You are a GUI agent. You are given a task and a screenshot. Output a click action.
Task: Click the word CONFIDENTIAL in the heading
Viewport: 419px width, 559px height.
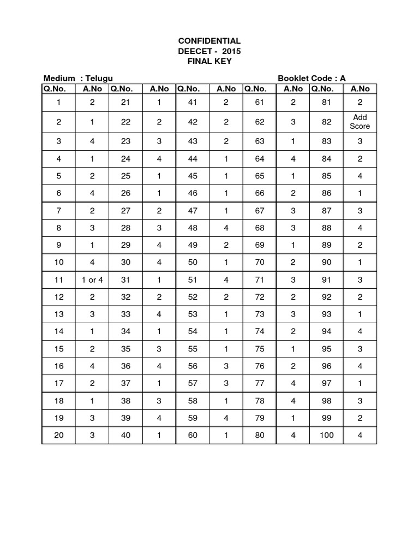tap(209, 41)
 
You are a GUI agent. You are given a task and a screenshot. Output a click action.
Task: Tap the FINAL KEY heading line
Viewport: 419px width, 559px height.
tap(209, 61)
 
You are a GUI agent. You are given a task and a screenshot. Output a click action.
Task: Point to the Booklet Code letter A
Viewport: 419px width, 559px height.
tap(343, 79)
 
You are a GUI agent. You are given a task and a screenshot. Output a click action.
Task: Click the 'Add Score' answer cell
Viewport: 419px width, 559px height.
tap(360, 122)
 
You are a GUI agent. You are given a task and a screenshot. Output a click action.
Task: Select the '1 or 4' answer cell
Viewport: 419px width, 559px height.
tap(92, 280)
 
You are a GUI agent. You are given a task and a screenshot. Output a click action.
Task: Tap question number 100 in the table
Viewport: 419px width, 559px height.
tap(327, 436)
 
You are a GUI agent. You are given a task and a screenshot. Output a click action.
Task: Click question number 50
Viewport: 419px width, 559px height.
tap(193, 262)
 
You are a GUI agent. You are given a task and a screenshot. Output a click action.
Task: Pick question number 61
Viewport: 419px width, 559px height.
tap(260, 102)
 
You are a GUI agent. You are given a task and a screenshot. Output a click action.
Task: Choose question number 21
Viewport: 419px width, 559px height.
tap(125, 102)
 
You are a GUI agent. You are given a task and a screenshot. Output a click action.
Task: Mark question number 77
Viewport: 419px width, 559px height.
tap(260, 383)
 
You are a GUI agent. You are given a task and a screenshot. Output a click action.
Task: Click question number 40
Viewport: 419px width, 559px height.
tap(125, 436)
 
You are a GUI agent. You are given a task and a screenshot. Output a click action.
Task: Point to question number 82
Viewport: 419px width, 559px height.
tap(327, 122)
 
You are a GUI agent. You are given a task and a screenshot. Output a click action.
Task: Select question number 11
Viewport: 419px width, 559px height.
tap(58, 280)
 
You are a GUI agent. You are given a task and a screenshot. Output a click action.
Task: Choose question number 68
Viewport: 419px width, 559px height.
tap(260, 227)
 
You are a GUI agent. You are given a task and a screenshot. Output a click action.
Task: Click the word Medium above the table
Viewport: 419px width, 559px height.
tap(59, 79)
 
